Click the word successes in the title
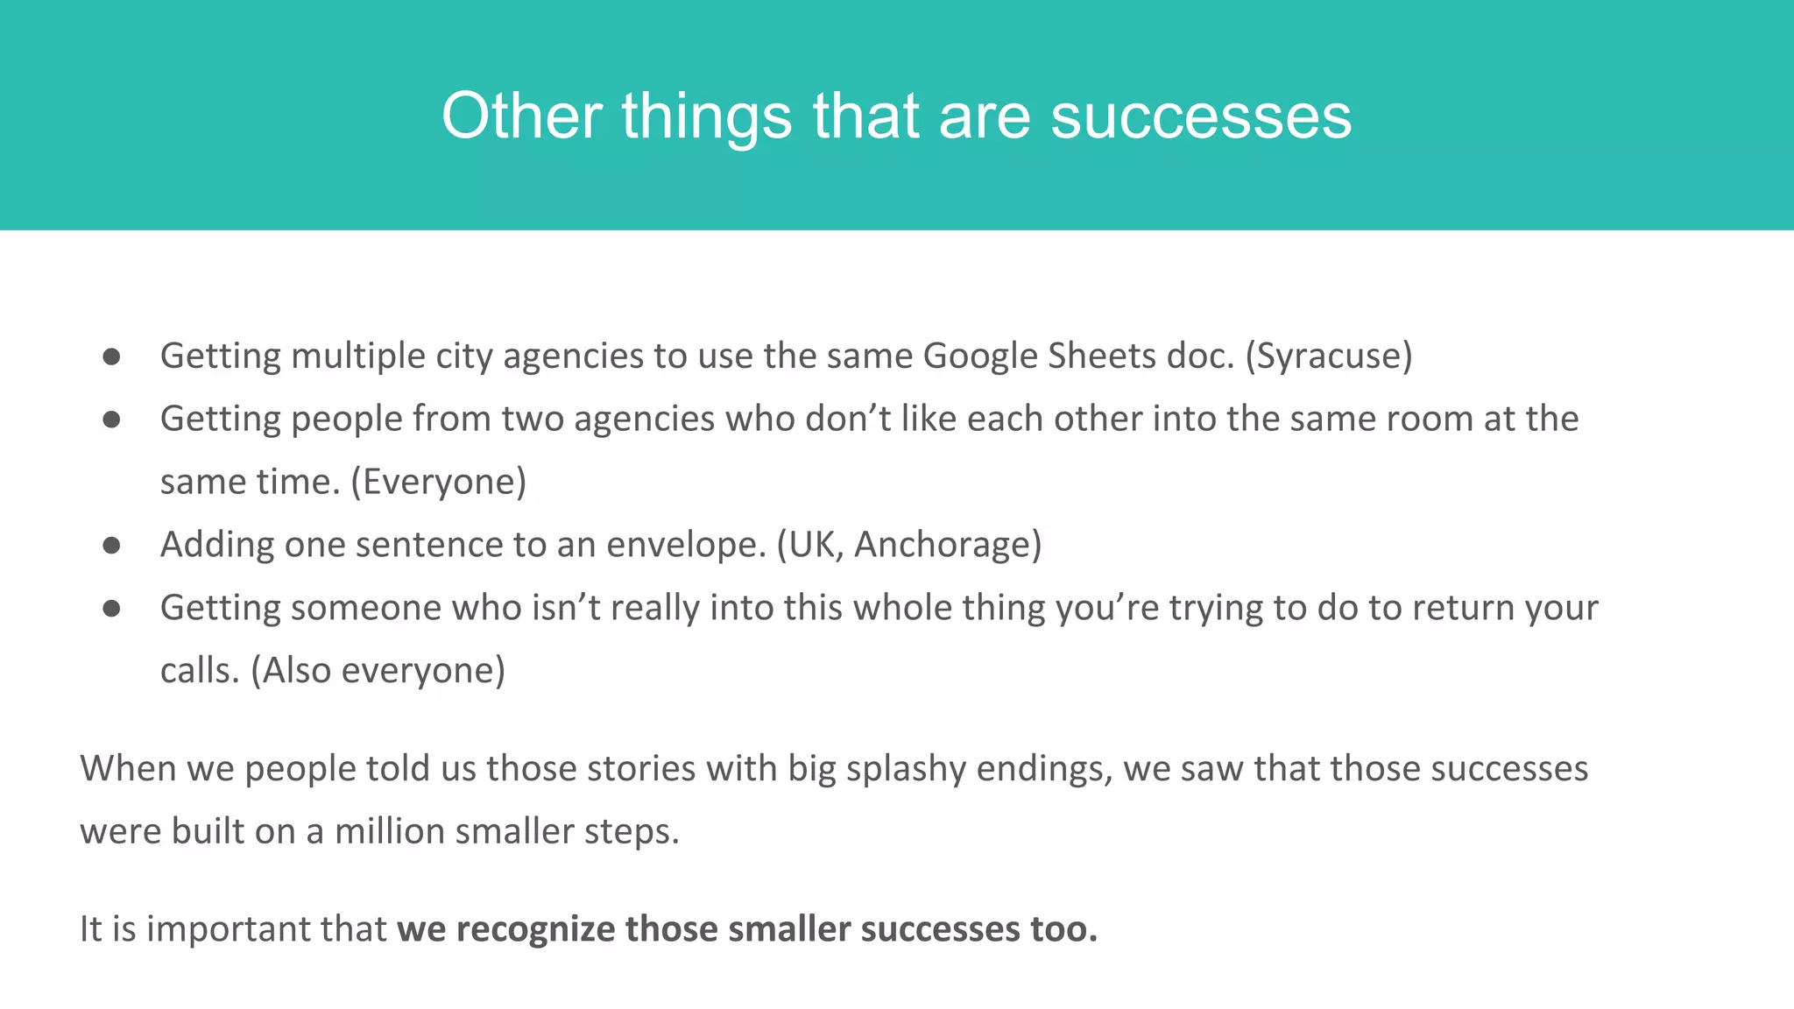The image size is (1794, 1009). [1201, 116]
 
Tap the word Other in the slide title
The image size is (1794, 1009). [522, 116]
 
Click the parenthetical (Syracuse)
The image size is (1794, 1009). [1329, 356]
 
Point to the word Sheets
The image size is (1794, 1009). [1102, 356]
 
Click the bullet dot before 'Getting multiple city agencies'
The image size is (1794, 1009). [111, 356]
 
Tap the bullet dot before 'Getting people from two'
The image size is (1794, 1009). [111, 420]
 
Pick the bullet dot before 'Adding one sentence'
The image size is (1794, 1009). [111, 546]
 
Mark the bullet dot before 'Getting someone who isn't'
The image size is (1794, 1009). [111, 609]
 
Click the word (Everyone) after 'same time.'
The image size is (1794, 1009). [439, 482]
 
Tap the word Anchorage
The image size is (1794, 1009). [943, 545]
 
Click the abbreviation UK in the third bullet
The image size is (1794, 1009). [812, 545]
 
